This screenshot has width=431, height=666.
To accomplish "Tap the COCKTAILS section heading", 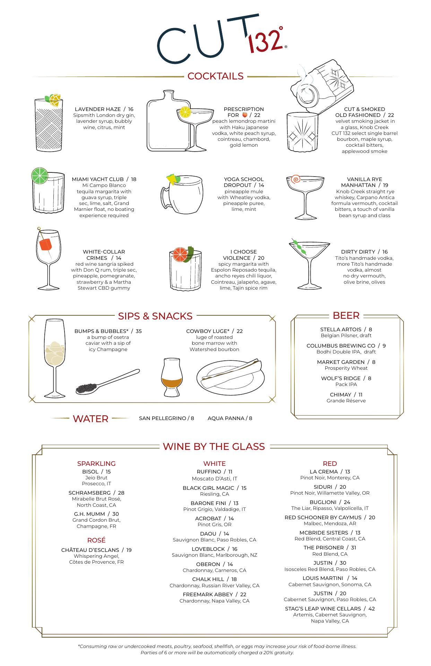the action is (x=215, y=76).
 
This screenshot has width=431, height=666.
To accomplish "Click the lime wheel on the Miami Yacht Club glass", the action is (x=40, y=176).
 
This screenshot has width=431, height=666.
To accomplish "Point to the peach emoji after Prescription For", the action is (x=244, y=115).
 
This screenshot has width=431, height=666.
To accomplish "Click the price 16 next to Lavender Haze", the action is (x=130, y=109).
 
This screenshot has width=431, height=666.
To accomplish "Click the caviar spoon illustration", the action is (x=107, y=382).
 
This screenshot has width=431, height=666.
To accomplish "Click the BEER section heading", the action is (x=346, y=315).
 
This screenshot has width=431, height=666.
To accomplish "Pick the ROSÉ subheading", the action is (x=96, y=540).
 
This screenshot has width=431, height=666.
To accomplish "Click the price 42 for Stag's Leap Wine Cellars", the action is (x=371, y=609).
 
